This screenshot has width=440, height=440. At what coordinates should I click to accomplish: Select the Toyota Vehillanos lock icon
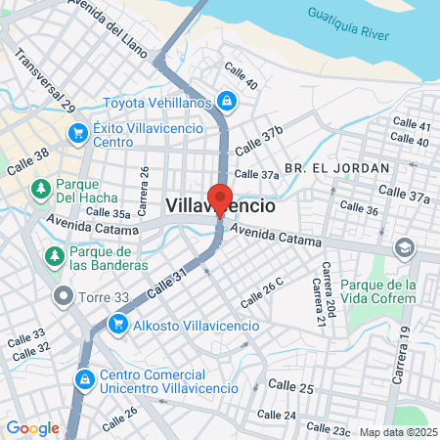(226, 101)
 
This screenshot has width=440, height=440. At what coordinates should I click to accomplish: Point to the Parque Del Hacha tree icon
(40, 188)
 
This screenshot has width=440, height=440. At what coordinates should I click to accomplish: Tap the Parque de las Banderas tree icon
(54, 256)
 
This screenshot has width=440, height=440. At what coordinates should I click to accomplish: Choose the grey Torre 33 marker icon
(64, 293)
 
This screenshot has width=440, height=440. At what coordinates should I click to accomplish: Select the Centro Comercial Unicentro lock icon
(85, 378)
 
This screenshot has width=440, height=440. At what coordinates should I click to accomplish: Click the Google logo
(32, 427)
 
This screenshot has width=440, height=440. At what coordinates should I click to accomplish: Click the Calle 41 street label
(411, 125)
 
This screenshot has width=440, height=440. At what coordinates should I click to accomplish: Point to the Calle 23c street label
(328, 429)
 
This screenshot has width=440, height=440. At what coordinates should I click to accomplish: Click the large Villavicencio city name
(221, 207)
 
